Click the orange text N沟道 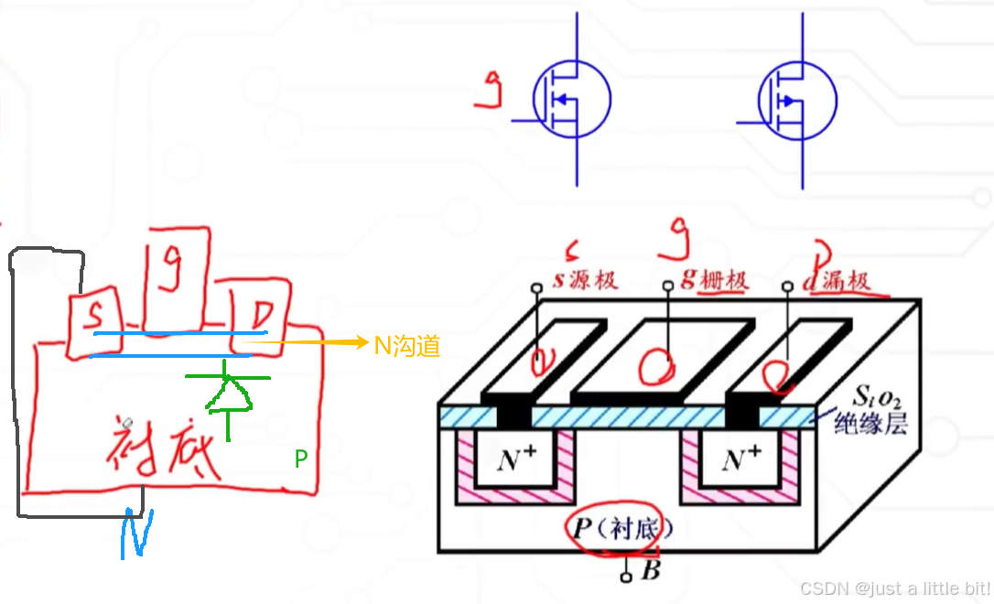tap(407, 345)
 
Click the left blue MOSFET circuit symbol tap(572, 100)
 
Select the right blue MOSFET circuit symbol tap(798, 100)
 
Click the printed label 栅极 tap(723, 280)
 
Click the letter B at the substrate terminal tap(651, 573)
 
